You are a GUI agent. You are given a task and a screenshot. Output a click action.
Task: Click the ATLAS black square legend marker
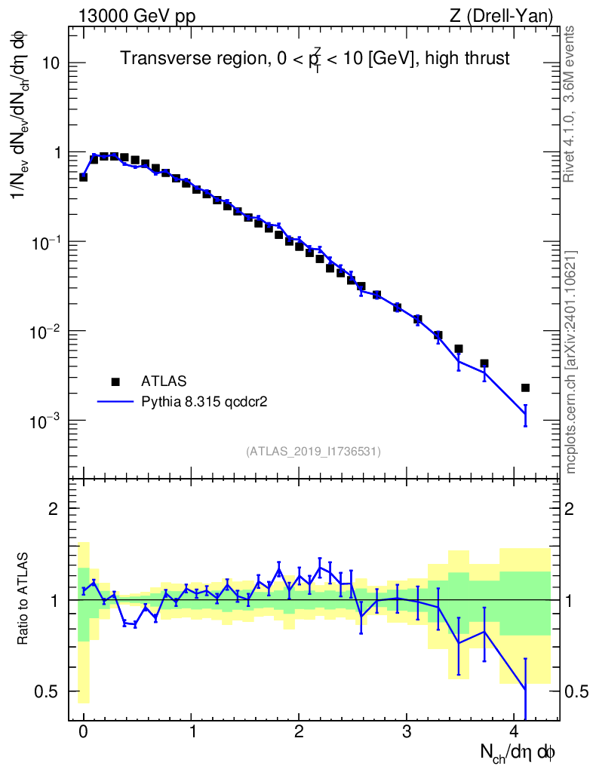coord(115,381)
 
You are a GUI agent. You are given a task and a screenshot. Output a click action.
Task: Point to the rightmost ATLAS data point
coord(525,388)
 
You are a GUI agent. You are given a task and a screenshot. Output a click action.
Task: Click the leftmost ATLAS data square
coord(83,177)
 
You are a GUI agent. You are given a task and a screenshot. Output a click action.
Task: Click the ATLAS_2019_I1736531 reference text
coord(313,452)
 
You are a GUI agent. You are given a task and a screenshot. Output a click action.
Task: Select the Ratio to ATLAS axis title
coord(24,599)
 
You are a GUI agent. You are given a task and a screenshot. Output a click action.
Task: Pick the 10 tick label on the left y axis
coord(50,63)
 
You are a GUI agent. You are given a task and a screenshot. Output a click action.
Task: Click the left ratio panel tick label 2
coord(54,508)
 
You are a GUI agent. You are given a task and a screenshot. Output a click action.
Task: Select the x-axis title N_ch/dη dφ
coord(518,752)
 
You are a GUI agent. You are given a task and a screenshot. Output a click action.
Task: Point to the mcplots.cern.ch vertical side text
coord(570,362)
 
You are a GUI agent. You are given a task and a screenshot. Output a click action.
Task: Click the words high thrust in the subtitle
coord(471,58)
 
